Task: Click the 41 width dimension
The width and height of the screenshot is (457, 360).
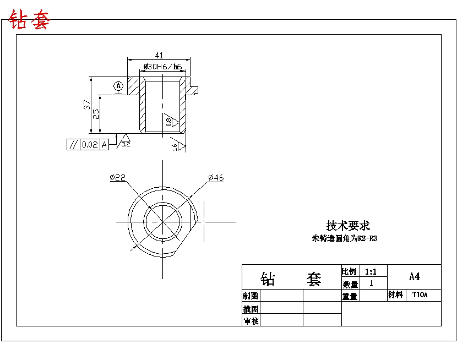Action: (x=159, y=55)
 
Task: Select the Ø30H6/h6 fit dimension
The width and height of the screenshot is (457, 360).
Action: (x=162, y=67)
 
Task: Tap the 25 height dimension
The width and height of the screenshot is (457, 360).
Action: (x=96, y=113)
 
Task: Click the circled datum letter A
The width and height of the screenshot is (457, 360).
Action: (x=118, y=86)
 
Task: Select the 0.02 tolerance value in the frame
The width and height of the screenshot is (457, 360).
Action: (x=89, y=145)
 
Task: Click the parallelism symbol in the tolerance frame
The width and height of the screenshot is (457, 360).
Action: (x=73, y=145)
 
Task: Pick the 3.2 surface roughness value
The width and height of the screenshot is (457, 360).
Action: (x=126, y=144)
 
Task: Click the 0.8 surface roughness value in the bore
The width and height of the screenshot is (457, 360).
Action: (x=169, y=122)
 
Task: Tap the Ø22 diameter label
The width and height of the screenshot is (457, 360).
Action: (x=117, y=177)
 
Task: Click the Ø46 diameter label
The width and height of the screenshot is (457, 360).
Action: (x=216, y=177)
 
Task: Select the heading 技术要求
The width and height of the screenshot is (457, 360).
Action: (x=348, y=226)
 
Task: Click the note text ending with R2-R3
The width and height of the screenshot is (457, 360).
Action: (x=345, y=239)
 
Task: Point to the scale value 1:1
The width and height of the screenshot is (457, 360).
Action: (x=371, y=271)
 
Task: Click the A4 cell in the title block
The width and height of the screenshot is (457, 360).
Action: (x=414, y=276)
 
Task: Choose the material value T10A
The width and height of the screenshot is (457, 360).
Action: (x=420, y=295)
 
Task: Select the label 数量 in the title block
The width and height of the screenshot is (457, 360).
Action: (x=350, y=284)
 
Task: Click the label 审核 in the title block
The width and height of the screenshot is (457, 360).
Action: (x=251, y=320)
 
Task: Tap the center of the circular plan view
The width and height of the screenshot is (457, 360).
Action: (x=163, y=222)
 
